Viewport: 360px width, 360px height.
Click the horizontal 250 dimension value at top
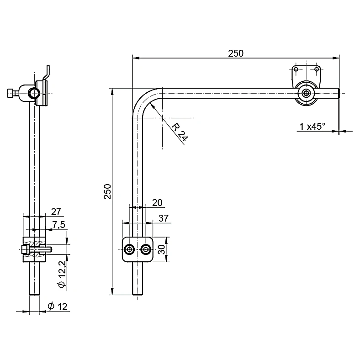pos(236,53)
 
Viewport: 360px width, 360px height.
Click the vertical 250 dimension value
pos(107,191)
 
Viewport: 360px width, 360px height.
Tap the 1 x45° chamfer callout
pos(312,126)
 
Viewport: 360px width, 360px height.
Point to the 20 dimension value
pos(157,203)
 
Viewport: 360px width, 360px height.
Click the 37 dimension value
pos(164,218)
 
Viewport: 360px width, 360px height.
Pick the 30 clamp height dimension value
pos(162,249)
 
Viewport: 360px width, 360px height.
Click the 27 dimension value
pos(56,212)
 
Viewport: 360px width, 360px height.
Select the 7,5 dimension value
pos(59,225)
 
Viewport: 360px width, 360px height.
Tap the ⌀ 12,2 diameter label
pos(62,274)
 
